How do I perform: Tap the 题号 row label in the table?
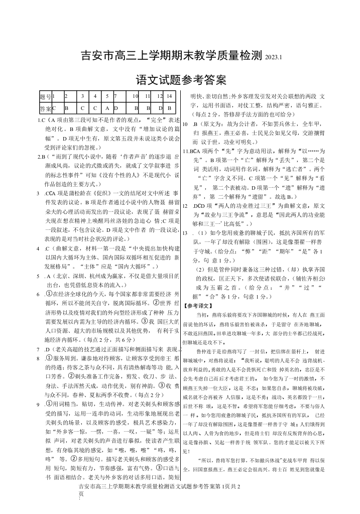(x=45, y=95)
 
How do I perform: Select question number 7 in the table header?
(x=116, y=95)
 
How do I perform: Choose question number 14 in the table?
(x=170, y=95)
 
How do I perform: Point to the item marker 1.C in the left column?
(x=42, y=121)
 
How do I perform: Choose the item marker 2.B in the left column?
(x=42, y=157)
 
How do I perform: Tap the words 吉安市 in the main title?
(x=98, y=55)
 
